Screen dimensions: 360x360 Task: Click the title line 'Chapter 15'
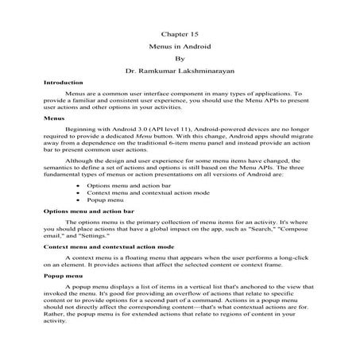179,34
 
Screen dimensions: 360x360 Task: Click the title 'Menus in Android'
179,46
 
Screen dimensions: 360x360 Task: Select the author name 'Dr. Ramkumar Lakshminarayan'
180,71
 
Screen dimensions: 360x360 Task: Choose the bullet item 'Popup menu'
106,200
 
